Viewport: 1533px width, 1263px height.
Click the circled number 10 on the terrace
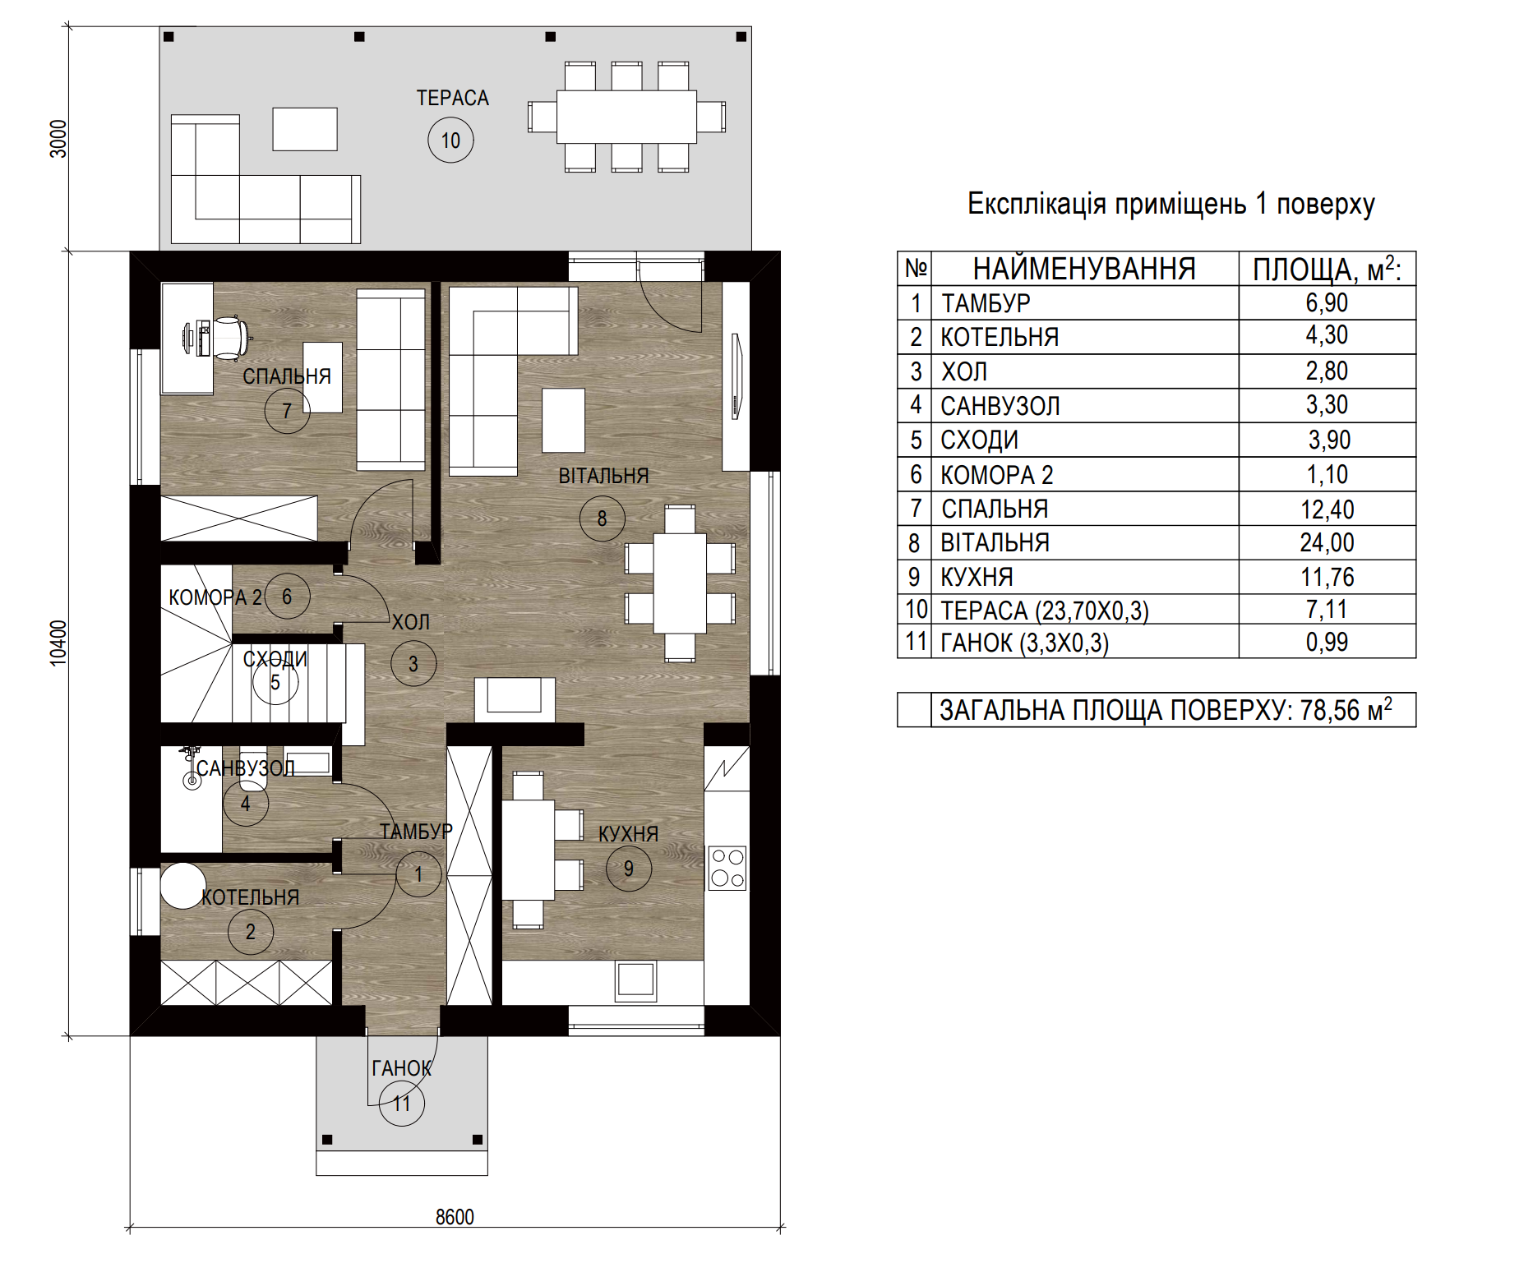450,140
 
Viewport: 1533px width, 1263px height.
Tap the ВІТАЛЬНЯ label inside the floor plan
603,476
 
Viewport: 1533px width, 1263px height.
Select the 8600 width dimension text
455,1216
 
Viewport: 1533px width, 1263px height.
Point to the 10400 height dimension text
58,643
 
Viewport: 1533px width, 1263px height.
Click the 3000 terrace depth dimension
58,139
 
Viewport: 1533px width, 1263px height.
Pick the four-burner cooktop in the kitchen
727,869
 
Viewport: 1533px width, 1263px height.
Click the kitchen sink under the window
636,980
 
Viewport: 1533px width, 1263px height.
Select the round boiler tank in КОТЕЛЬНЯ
182,885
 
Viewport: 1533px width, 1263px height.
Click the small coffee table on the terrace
305,129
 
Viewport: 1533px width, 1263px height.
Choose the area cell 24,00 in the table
1327,542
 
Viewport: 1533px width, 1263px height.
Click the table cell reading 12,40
1327,509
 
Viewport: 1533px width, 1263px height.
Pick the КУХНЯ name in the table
977,577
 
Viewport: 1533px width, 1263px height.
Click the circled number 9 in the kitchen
629,869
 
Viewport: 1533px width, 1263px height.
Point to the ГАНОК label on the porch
401,1068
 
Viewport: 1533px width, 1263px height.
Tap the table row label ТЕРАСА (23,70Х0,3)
1045,611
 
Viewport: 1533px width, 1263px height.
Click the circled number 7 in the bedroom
287,410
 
